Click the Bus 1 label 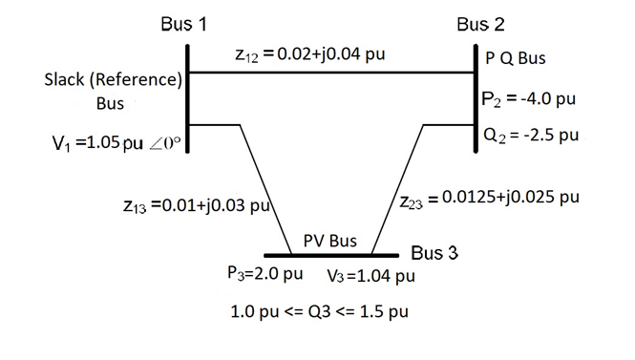point(184,24)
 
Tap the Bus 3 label point(434,253)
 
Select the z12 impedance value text point(309,53)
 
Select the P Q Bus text point(516,58)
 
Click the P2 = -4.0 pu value point(528,100)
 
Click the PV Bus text point(329,241)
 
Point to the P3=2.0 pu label point(265,274)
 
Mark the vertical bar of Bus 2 point(476,95)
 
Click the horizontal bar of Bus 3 point(330,255)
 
